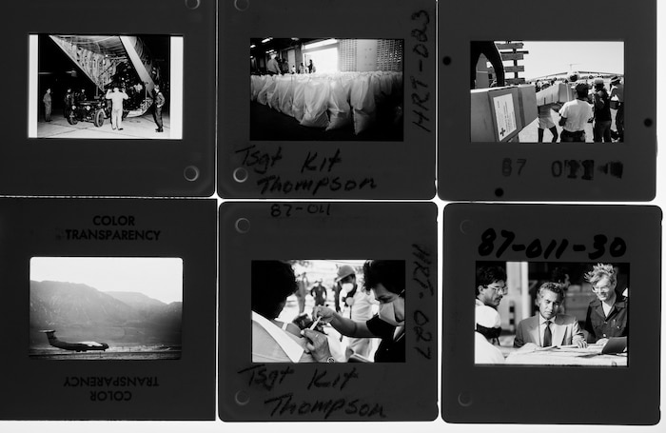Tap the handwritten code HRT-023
coord(420,71)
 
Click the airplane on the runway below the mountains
coord(75,341)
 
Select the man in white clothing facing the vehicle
coord(116,107)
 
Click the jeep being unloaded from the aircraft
coord(88,108)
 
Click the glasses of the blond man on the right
coord(601,289)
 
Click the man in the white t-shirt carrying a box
coord(575,114)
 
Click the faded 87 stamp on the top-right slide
coord(514,168)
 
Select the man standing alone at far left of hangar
coord(47,103)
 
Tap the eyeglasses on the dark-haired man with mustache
coord(494,288)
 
